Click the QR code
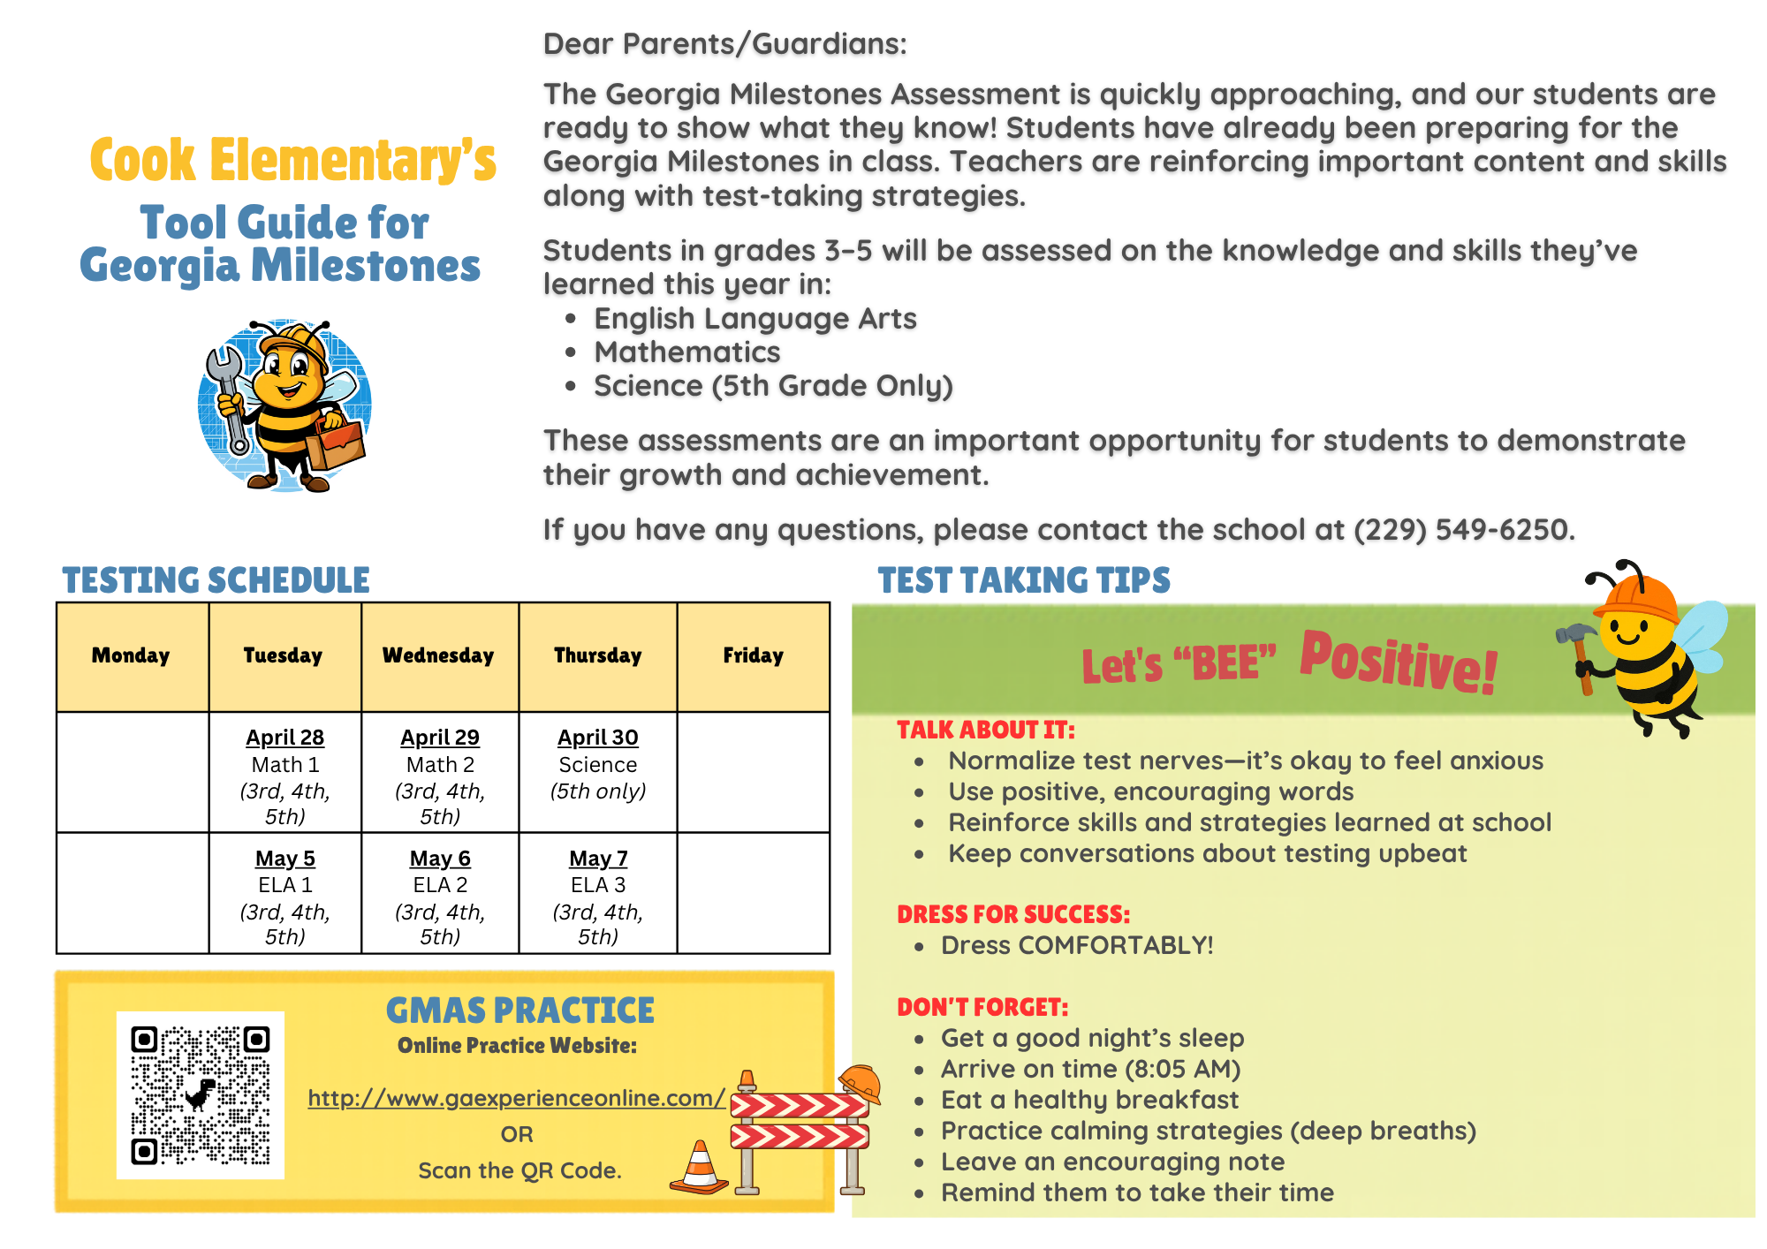(x=201, y=1095)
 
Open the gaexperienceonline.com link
(x=516, y=1098)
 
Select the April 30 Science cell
(x=597, y=765)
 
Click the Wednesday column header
(x=438, y=655)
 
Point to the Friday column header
(x=753, y=655)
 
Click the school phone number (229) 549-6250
(x=1461, y=530)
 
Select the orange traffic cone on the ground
(x=700, y=1168)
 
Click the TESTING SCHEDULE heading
(x=216, y=580)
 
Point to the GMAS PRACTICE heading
(x=519, y=1011)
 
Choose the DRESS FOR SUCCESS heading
(x=1012, y=914)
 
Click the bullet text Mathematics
(x=687, y=352)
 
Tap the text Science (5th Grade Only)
(x=773, y=386)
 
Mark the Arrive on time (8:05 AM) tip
(x=1090, y=1069)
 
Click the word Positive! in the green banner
(x=1399, y=662)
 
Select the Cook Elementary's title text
(x=293, y=161)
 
